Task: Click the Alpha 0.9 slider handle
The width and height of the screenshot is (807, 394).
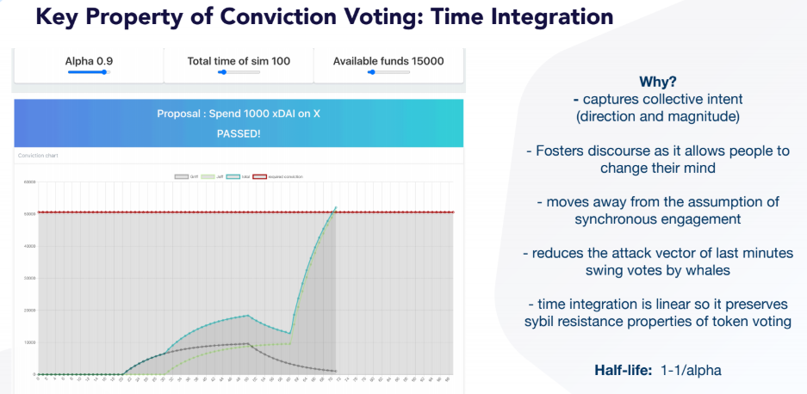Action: coord(104,73)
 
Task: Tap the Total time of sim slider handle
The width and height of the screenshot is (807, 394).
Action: coord(223,73)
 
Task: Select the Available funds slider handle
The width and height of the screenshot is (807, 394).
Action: coord(371,73)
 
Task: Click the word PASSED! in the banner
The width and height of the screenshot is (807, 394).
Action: coord(239,133)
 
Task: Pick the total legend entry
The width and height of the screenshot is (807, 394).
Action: coord(242,176)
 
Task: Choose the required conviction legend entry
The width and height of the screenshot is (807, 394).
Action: coord(281,176)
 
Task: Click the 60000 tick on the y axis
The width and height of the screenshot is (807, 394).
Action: coord(28,182)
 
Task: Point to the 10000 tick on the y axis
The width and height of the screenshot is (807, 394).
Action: coord(28,342)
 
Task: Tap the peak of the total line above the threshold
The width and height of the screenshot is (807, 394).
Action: coord(335,206)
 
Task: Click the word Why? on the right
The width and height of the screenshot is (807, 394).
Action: coord(657,83)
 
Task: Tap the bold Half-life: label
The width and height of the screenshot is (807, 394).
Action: coord(624,371)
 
